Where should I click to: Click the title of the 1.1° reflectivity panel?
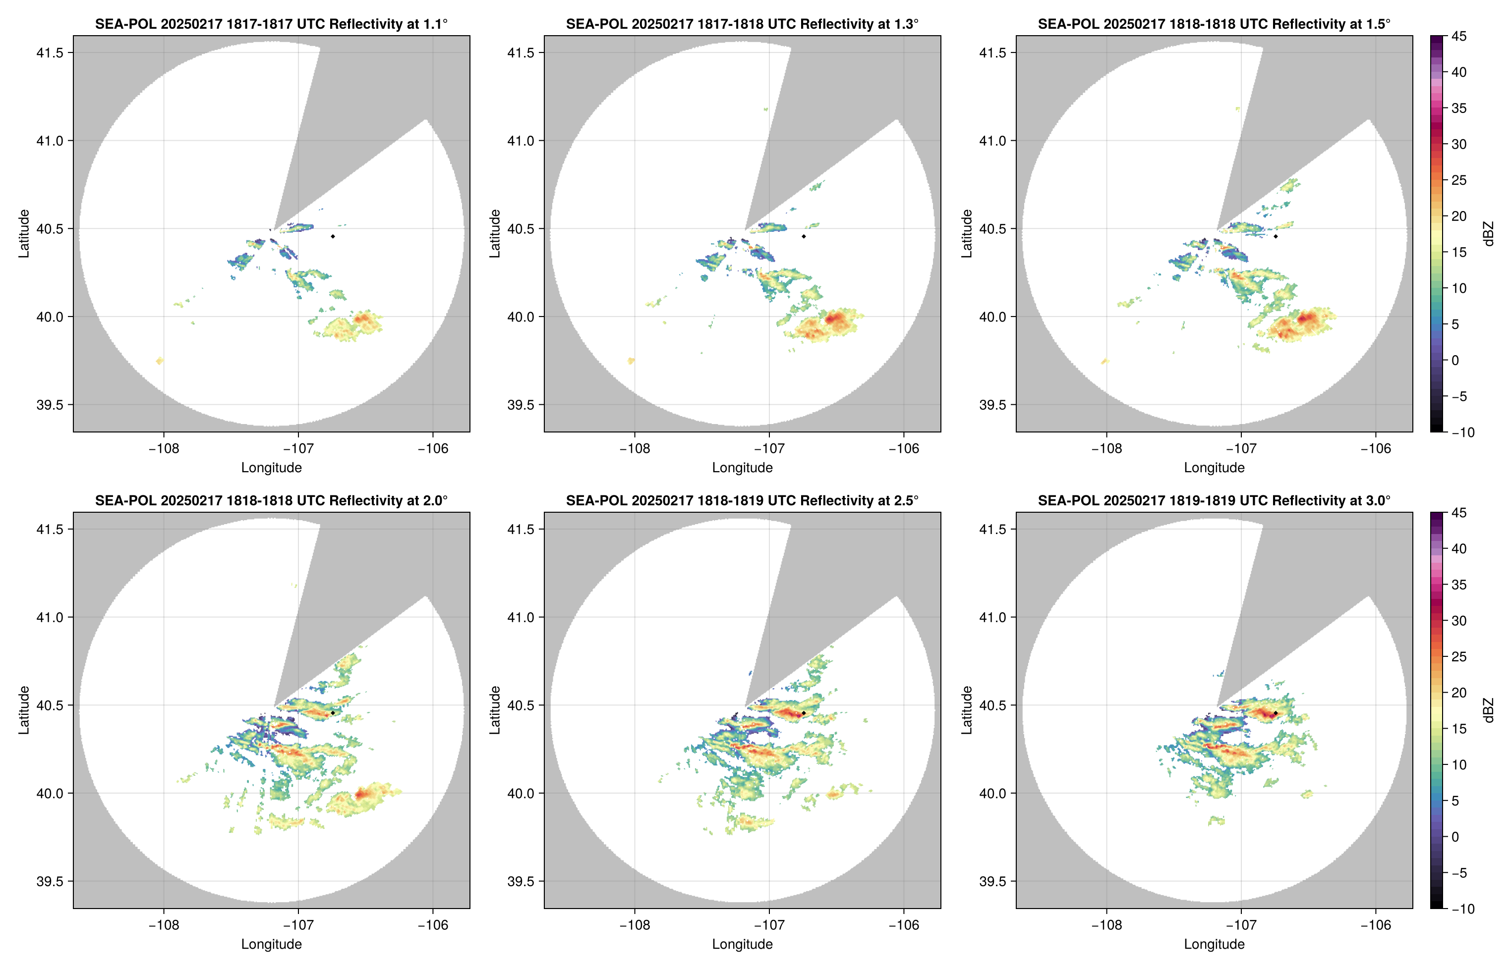tap(271, 24)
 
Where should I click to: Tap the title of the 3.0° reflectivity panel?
tap(1214, 501)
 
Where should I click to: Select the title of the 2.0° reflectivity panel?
tap(271, 501)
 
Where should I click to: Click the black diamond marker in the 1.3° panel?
tap(804, 237)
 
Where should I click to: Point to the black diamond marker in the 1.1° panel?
tap(332, 237)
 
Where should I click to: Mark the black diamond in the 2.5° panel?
tap(804, 713)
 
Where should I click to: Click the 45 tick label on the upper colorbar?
tap(1459, 37)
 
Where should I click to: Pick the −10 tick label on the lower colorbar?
tap(1462, 909)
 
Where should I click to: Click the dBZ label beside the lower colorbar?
tap(1488, 710)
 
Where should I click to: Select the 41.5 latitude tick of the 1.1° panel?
tap(50, 53)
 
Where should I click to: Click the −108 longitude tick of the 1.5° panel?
tap(1106, 448)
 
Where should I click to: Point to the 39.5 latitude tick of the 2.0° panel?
tap(50, 881)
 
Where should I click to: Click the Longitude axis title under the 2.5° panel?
tap(742, 944)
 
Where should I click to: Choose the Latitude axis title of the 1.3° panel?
tap(495, 234)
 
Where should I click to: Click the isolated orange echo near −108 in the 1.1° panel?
tap(160, 361)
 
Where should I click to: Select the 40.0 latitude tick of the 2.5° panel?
tap(522, 793)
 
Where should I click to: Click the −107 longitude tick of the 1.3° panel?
tap(768, 448)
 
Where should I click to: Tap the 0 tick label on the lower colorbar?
tap(1455, 837)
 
